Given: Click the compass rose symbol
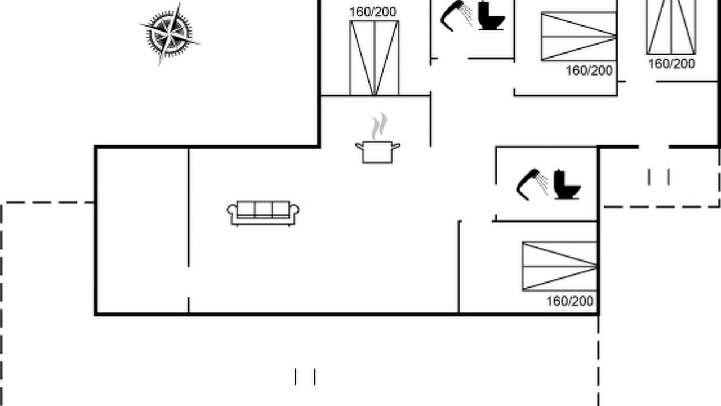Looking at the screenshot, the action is [170, 33].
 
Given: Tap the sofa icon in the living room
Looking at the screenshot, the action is [263, 213].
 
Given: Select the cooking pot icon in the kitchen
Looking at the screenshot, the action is [377, 152].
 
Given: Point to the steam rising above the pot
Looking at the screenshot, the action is [379, 126].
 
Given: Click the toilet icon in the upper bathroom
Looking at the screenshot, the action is [492, 16].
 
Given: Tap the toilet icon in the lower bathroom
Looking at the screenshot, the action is [567, 184].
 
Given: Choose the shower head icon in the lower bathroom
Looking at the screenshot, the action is [532, 184].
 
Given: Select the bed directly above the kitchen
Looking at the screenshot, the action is [375, 58].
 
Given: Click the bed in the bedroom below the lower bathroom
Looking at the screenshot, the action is [559, 267].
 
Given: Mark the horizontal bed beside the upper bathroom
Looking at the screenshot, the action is [579, 36].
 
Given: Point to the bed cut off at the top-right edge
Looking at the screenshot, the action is [671, 27].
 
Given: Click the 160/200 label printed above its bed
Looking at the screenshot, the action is [373, 12].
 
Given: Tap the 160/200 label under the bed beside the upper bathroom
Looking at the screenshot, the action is [589, 70].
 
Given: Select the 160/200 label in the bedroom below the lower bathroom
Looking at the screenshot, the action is [569, 301].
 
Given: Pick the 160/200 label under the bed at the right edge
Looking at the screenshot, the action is [671, 64].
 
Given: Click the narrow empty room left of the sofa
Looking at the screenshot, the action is [143, 231].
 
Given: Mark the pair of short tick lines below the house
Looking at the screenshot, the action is [305, 377].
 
